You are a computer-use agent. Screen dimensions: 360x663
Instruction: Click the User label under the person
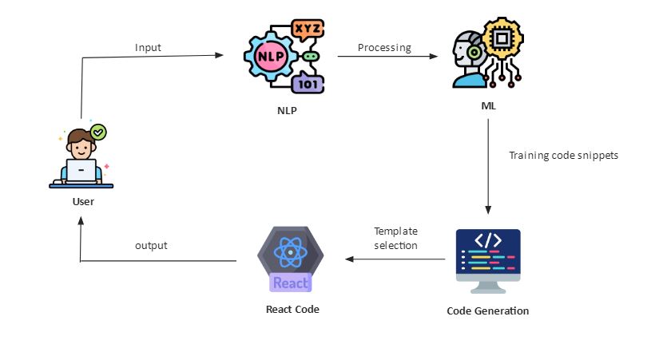(83, 201)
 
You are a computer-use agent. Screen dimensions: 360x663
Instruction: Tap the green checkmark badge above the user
(98, 131)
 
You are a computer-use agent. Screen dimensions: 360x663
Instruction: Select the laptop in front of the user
(81, 171)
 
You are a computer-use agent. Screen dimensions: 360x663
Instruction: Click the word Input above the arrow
(148, 48)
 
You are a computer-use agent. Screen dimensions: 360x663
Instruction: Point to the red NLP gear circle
(269, 57)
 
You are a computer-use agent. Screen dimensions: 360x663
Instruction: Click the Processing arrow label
(384, 48)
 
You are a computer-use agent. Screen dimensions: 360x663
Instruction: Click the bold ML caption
(487, 105)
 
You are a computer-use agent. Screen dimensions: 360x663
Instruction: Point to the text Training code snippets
(563, 155)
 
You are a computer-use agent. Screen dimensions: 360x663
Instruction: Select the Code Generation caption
(487, 311)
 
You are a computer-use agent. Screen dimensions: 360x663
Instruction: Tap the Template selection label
(395, 238)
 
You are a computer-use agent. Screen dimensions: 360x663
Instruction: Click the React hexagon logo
(291, 259)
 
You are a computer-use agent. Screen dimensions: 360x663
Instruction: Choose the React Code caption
(292, 309)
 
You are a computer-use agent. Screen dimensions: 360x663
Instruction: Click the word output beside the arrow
(151, 245)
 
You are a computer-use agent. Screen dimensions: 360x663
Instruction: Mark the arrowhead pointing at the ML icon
(435, 57)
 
